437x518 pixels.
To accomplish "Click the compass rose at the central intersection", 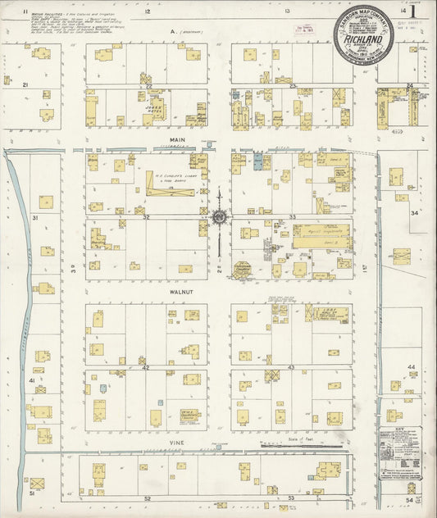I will point(220,216).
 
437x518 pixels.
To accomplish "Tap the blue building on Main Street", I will point(258,161).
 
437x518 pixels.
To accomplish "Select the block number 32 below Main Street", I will point(146,216).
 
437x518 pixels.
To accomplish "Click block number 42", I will point(146,368).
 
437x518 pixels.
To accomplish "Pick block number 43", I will point(291,368).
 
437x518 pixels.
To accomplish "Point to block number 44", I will point(412,367).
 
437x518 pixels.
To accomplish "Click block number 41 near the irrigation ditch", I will point(32,381).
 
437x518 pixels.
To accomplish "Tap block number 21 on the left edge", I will point(25,84).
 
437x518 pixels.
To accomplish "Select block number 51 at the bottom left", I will point(32,494).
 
